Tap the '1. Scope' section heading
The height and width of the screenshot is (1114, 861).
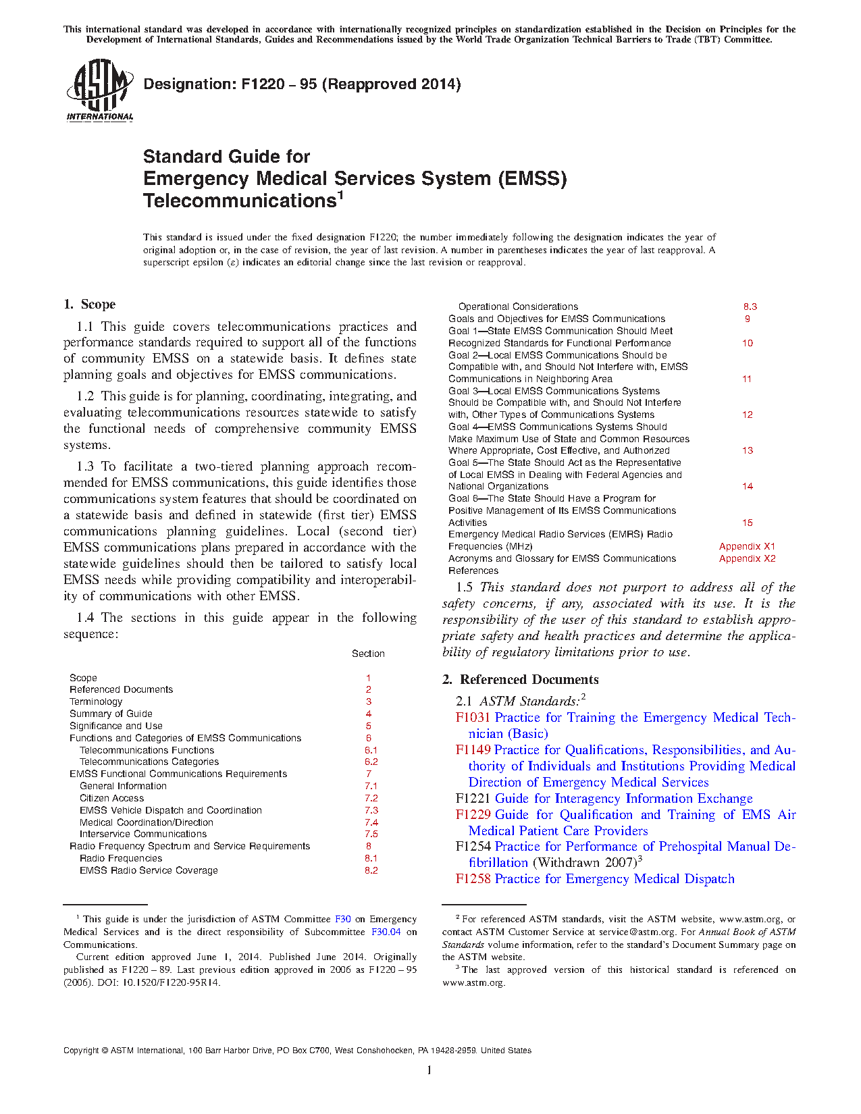click(89, 304)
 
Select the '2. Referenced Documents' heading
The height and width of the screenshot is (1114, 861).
click(521, 680)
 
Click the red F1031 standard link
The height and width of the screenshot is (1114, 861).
click(473, 718)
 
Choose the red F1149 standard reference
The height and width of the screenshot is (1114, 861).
click(473, 750)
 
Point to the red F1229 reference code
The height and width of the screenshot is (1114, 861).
click(473, 815)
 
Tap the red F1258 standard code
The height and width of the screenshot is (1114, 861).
click(473, 879)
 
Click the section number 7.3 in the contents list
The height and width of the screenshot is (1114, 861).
click(371, 810)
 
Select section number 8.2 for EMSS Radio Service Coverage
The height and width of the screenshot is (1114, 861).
click(371, 870)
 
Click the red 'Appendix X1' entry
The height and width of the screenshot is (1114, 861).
click(747, 546)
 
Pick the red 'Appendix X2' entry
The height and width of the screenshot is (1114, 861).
click(747, 558)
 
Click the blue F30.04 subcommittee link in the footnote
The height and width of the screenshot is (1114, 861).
click(386, 932)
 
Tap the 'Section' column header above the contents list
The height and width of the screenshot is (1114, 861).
click(368, 654)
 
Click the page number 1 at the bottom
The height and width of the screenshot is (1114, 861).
click(429, 1069)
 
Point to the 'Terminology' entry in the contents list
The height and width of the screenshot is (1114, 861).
click(96, 701)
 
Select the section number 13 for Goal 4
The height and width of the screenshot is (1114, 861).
click(748, 450)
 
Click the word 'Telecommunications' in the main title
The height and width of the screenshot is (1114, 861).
click(240, 201)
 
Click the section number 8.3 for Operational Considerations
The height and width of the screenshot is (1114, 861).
click(750, 307)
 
